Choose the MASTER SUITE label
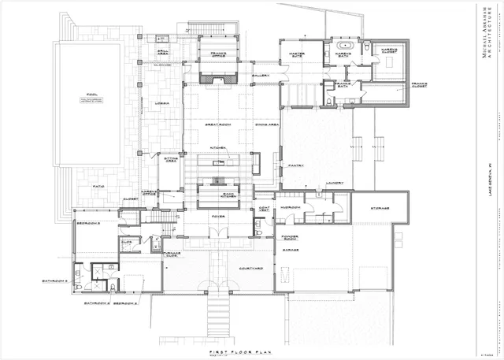[291, 54]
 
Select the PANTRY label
[295, 166]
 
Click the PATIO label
[99, 186]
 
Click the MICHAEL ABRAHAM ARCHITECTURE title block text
[484, 36]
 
